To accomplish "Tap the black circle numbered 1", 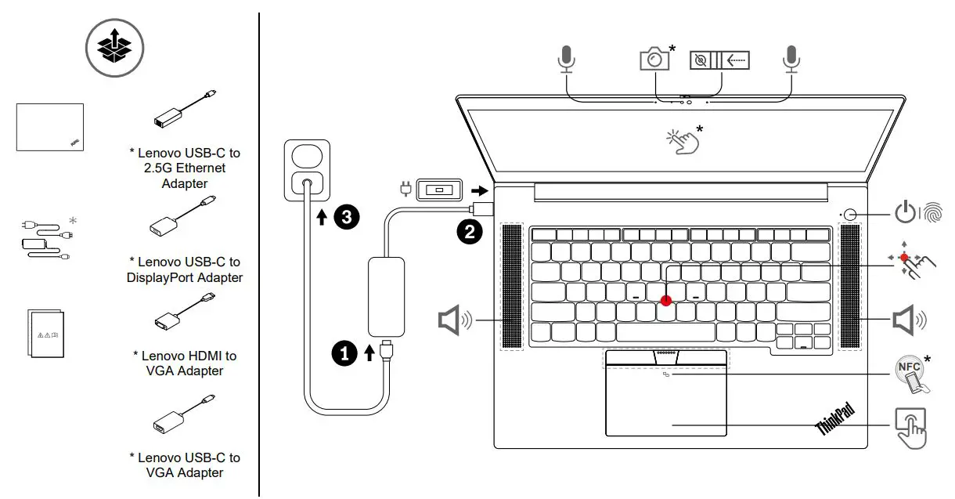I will [344, 354].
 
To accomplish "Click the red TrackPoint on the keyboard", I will [666, 299].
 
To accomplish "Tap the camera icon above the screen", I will [655, 59].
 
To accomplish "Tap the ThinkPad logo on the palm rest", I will [835, 419].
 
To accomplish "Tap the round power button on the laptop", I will [850, 213].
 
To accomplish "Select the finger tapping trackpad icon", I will [910, 426].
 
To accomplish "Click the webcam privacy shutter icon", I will [719, 60].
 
